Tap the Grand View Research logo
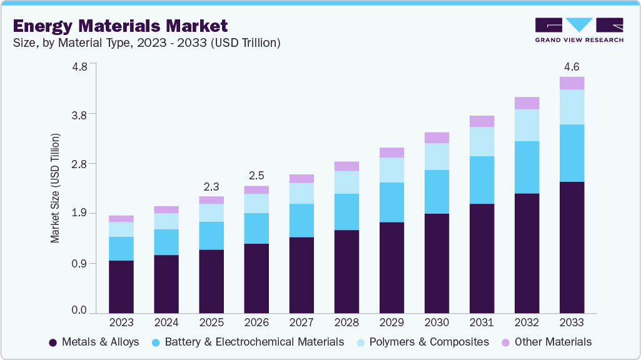pyautogui.click(x=579, y=30)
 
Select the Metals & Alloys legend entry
pyautogui.click(x=94, y=342)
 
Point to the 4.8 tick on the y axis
pyautogui.click(x=79, y=64)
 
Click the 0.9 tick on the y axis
pyautogui.click(x=79, y=263)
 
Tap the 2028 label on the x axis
pyautogui.click(x=346, y=322)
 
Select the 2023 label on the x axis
pyautogui.click(x=121, y=322)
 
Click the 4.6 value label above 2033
pyautogui.click(x=572, y=66)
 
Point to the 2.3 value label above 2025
pyautogui.click(x=211, y=186)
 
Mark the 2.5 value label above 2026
pyautogui.click(x=256, y=176)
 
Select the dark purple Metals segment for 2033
pyautogui.click(x=572, y=247)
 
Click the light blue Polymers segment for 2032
pyautogui.click(x=527, y=125)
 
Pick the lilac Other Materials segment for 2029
pyautogui.click(x=391, y=152)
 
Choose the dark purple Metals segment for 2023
pyautogui.click(x=121, y=286)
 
